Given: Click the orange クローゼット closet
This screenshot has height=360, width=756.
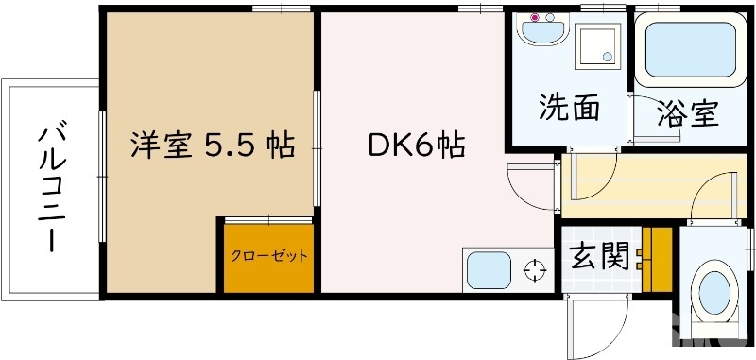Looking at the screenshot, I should [x=268, y=257].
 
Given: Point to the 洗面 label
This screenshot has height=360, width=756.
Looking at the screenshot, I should [x=569, y=109].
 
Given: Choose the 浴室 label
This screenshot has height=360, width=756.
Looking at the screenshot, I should [x=688, y=112].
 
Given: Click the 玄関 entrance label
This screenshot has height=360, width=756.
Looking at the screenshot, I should [x=599, y=256].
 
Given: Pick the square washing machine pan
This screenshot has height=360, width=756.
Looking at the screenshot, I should [x=597, y=44].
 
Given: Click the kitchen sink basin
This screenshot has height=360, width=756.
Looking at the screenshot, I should [x=488, y=271].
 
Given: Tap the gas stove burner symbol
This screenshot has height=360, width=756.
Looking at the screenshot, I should [x=535, y=271].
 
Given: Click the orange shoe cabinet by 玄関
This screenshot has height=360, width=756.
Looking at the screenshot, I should [x=656, y=259].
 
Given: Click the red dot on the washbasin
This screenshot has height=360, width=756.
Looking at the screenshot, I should [x=534, y=18].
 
